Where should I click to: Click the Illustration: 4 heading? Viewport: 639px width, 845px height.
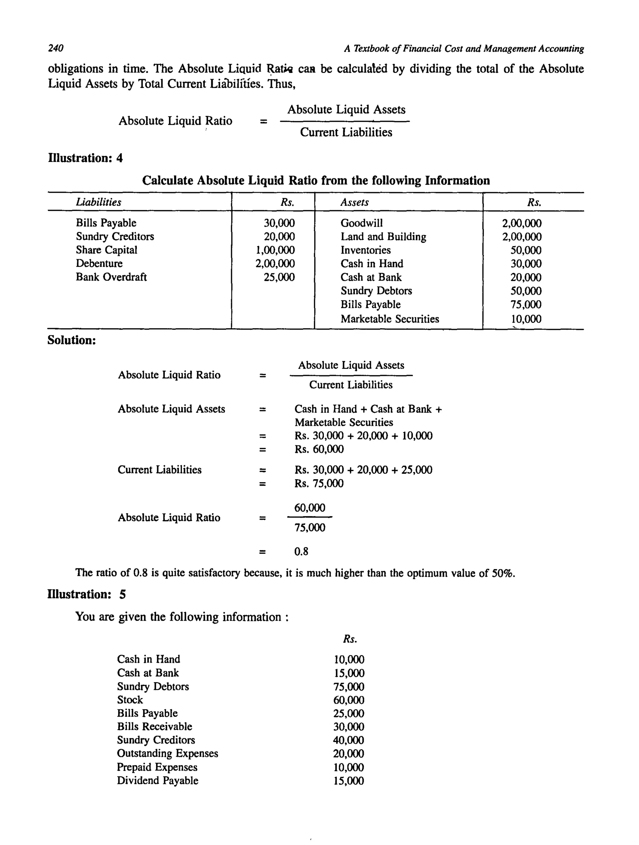click(85, 158)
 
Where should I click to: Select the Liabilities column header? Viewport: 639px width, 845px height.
click(99, 202)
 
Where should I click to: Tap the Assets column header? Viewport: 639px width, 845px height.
click(354, 202)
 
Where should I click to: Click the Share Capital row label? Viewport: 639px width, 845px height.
click(106, 250)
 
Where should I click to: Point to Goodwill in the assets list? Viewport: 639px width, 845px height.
click(362, 223)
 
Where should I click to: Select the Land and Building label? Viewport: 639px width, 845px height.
click(383, 236)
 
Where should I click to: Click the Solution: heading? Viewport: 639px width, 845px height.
click(71, 340)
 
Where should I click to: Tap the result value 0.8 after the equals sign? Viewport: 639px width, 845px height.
click(301, 551)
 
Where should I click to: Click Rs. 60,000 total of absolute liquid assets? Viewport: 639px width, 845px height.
click(319, 449)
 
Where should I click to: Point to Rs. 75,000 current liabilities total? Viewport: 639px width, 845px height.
click(319, 483)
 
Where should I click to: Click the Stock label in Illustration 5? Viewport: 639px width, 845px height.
click(130, 700)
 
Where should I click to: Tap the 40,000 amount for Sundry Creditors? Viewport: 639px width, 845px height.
click(349, 740)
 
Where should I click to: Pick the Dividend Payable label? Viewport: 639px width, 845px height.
click(158, 780)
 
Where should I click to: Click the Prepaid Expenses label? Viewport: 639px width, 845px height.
click(157, 767)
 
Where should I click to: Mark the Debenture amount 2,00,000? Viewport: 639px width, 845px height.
click(275, 264)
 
